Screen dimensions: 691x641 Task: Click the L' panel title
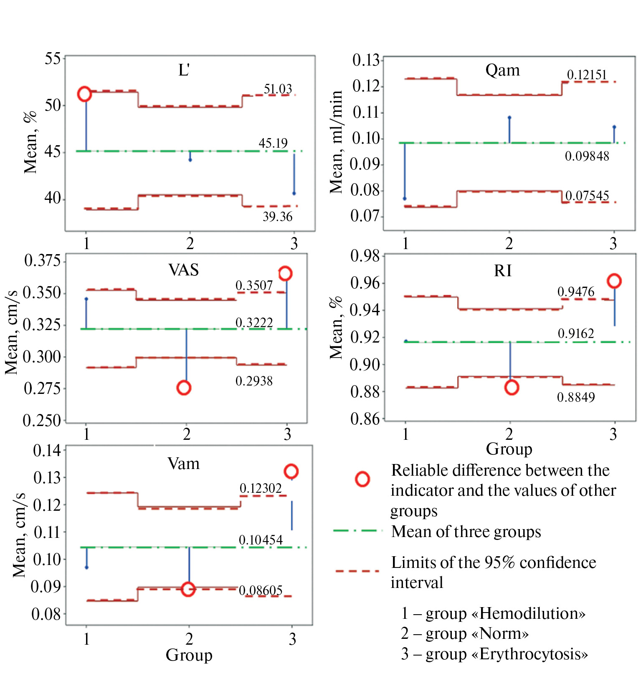[x=184, y=70]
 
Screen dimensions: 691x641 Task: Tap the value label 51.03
[x=278, y=89]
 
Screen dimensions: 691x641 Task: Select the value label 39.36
[x=278, y=217]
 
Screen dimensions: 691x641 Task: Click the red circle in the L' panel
[x=84, y=94]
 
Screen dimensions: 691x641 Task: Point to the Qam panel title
[x=502, y=70]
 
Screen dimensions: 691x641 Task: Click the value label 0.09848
[x=587, y=156]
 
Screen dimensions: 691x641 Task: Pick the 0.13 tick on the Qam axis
[x=366, y=60]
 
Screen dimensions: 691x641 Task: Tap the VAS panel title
[x=183, y=270]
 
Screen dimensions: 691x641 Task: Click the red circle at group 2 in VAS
[x=184, y=388]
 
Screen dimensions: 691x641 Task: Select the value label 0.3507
[x=254, y=285]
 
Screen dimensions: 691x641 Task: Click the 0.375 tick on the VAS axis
[x=43, y=260]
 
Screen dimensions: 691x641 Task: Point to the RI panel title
[x=502, y=271]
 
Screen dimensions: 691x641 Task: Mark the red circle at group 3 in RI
[x=614, y=281]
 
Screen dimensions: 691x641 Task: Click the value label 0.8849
[x=576, y=397]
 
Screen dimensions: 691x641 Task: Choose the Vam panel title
[x=183, y=464]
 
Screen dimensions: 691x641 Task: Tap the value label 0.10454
[x=261, y=540]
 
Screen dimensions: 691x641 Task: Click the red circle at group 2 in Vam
[x=188, y=589]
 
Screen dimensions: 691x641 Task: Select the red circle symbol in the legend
[x=362, y=479]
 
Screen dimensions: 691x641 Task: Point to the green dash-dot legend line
[x=357, y=531]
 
